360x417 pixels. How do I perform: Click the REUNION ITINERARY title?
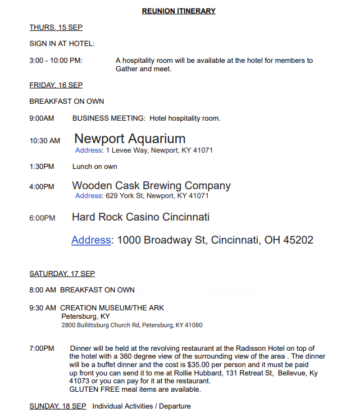click(179, 11)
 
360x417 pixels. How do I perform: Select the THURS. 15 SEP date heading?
click(56, 28)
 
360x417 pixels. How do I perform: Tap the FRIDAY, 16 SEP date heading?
click(56, 85)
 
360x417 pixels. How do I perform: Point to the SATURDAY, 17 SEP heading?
click(62, 274)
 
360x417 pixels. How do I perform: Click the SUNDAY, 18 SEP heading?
click(57, 406)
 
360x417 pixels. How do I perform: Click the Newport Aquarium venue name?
click(130, 139)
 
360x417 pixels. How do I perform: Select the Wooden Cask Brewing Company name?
click(151, 185)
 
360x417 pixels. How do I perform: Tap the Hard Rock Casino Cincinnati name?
click(140, 217)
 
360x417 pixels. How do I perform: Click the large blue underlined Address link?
click(91, 240)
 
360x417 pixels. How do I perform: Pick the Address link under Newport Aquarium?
click(89, 150)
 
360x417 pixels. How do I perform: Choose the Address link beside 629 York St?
click(89, 196)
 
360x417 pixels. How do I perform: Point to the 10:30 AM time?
click(44, 140)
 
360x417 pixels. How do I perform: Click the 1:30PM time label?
click(42, 167)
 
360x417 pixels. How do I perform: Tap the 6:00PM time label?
click(42, 218)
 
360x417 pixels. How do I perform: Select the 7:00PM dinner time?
click(42, 349)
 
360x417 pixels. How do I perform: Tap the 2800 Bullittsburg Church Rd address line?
click(131, 325)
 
